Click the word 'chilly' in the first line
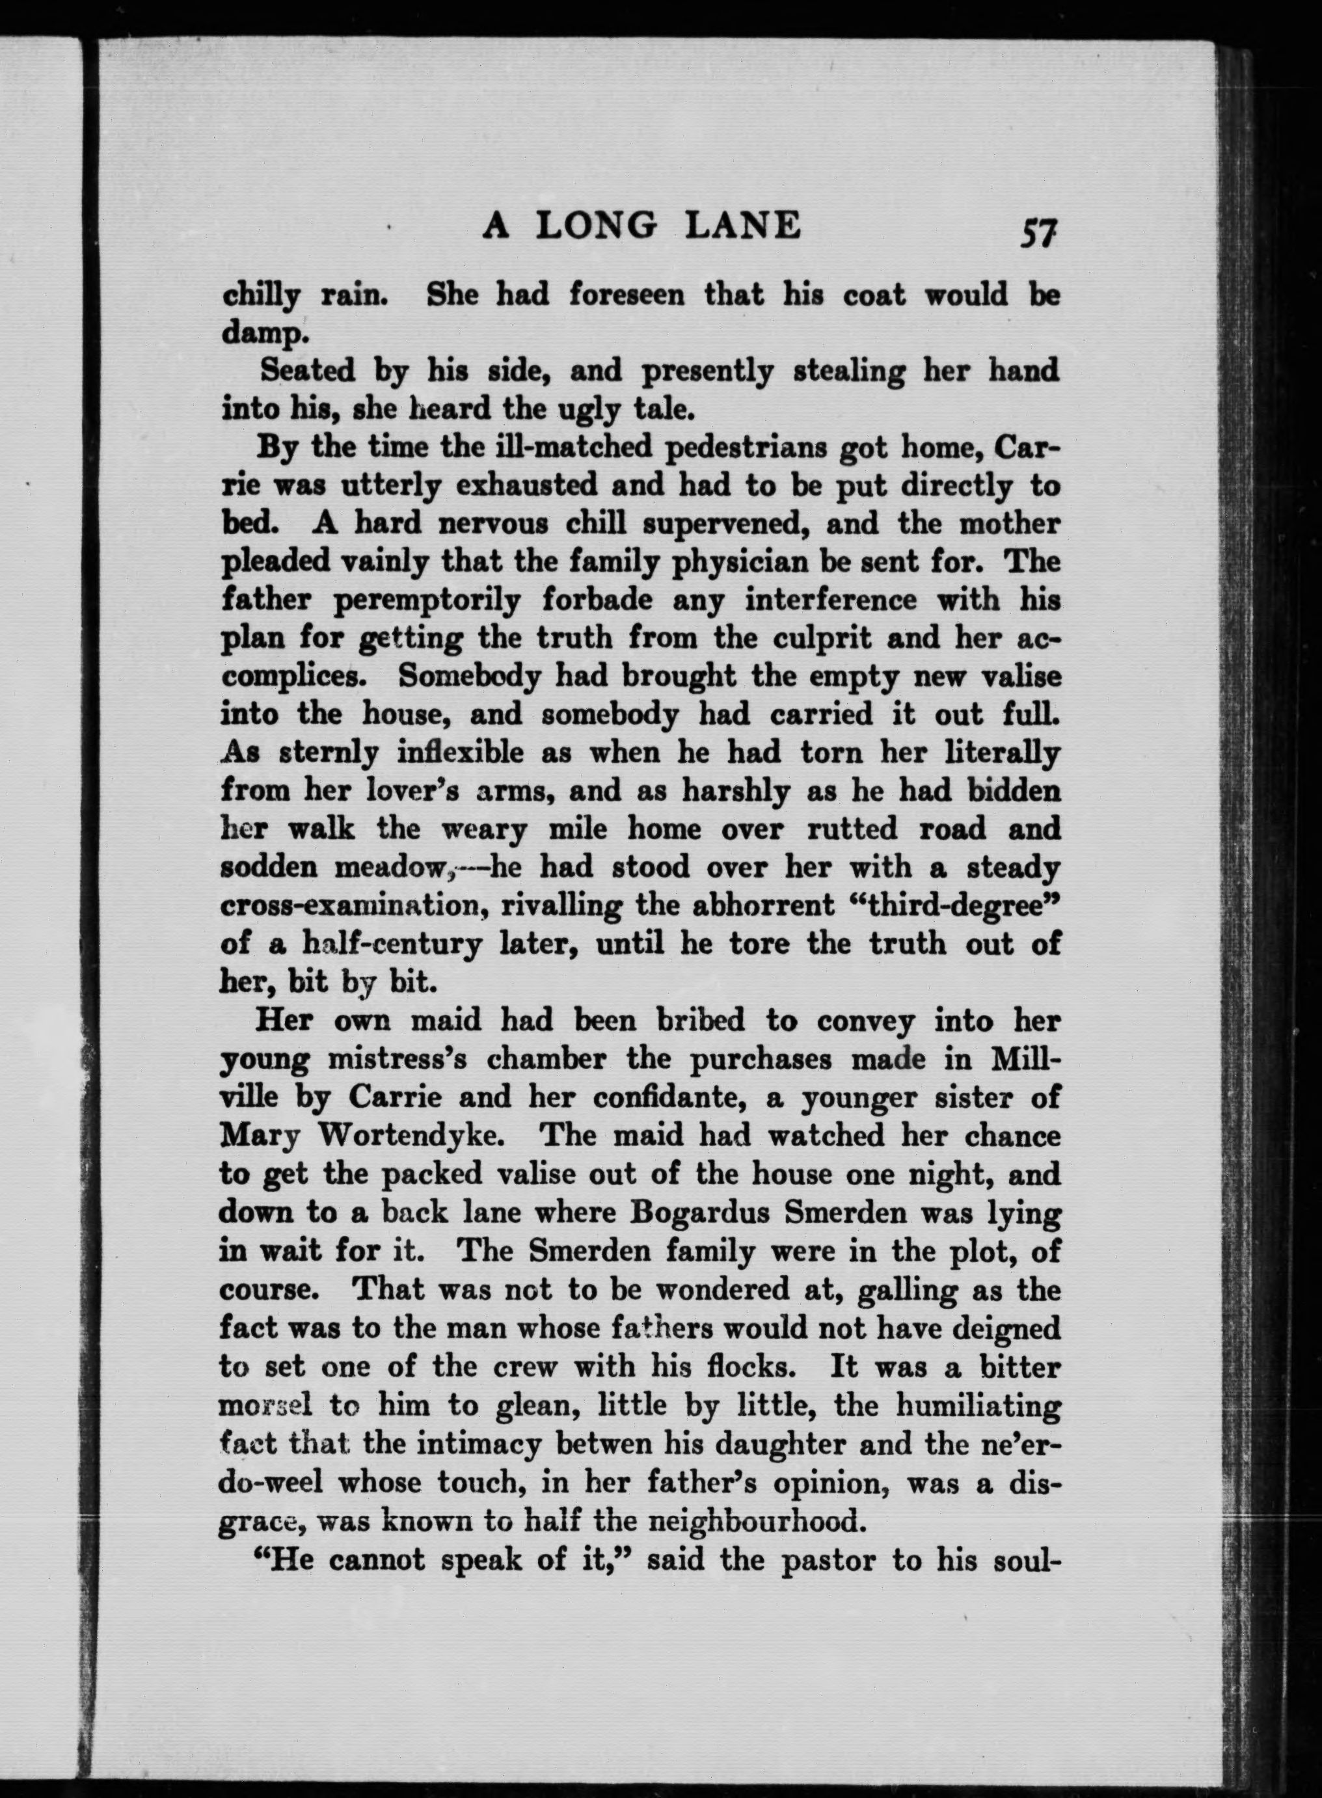point(260,297)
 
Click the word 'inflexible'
point(461,753)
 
